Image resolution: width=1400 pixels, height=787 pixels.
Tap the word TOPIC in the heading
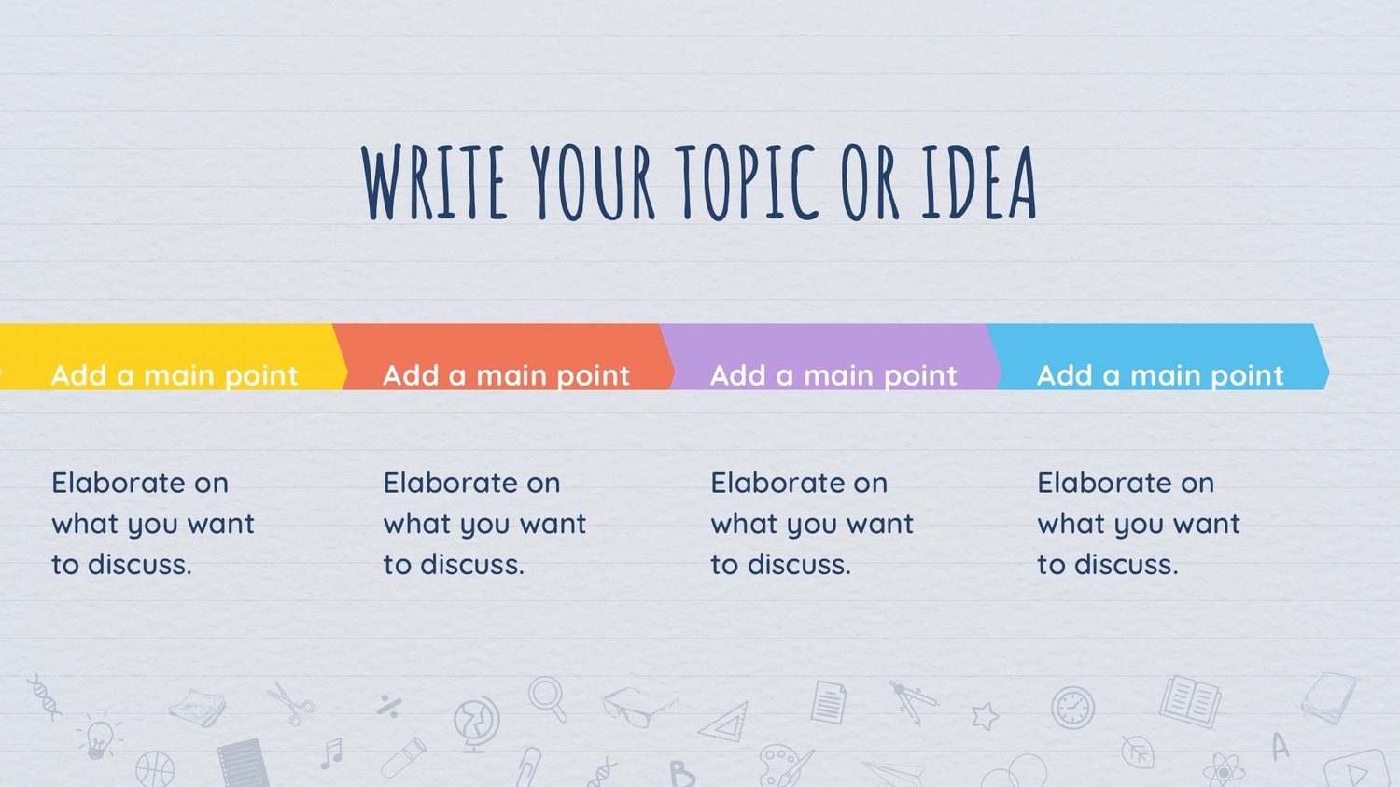pyautogui.click(x=746, y=182)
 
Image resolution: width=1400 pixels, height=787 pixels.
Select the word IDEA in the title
pyautogui.click(x=979, y=182)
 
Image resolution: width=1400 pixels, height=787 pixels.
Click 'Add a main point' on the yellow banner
pyautogui.click(x=175, y=376)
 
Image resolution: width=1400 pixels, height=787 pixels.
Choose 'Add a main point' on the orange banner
pyautogui.click(x=506, y=376)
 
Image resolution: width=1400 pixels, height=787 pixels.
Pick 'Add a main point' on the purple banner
pyautogui.click(x=833, y=376)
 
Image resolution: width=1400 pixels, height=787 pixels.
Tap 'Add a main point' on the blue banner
pyautogui.click(x=1161, y=376)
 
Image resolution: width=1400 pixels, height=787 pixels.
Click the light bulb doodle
pyautogui.click(x=99, y=738)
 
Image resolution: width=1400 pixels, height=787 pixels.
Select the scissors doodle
pyautogui.click(x=292, y=704)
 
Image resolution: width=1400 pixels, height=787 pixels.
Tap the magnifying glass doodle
pyautogui.click(x=548, y=699)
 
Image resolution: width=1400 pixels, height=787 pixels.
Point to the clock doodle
pyautogui.click(x=1072, y=709)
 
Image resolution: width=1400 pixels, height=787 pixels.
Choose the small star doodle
pyautogui.click(x=986, y=716)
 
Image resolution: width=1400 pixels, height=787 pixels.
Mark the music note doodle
pyautogui.click(x=331, y=753)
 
